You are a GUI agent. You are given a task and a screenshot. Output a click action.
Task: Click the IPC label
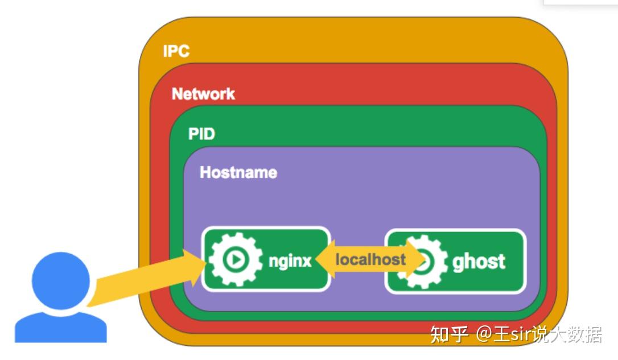[x=176, y=51]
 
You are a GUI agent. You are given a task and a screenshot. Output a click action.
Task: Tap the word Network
[x=203, y=94]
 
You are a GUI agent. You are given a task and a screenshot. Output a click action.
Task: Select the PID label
[x=201, y=134]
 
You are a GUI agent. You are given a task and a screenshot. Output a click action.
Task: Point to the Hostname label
[x=238, y=172]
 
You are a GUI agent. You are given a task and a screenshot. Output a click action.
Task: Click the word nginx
[x=290, y=261]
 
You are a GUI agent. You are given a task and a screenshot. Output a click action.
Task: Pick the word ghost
[x=479, y=262]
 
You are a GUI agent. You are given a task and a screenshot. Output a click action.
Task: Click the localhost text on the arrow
[x=370, y=260]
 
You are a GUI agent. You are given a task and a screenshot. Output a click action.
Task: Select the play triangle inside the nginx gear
[x=234, y=260]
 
